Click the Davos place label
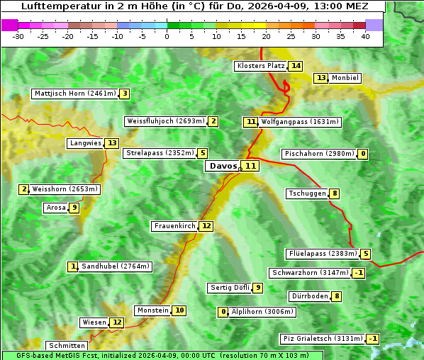point(222,166)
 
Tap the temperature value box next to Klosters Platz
point(296,66)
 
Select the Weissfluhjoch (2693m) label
point(166,121)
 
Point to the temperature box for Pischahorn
point(363,154)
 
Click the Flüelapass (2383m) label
point(322,254)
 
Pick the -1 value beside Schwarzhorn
point(359,273)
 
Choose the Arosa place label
point(55,208)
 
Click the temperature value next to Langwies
point(113,143)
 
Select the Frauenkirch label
point(174,226)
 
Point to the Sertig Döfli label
point(230,288)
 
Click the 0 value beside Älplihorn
point(223,312)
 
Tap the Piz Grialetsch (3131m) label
point(323,339)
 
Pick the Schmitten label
point(67,346)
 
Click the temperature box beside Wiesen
point(117,322)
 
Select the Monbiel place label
point(345,78)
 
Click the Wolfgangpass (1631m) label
point(301,122)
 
